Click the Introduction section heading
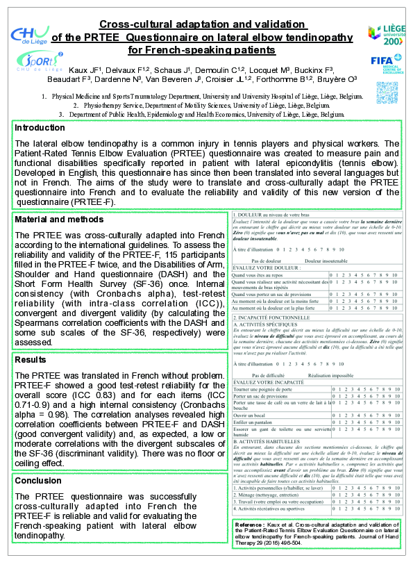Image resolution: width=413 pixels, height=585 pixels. tap(40, 128)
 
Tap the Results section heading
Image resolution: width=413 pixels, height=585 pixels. tap(31, 360)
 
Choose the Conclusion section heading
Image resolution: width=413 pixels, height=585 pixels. tap(38, 481)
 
